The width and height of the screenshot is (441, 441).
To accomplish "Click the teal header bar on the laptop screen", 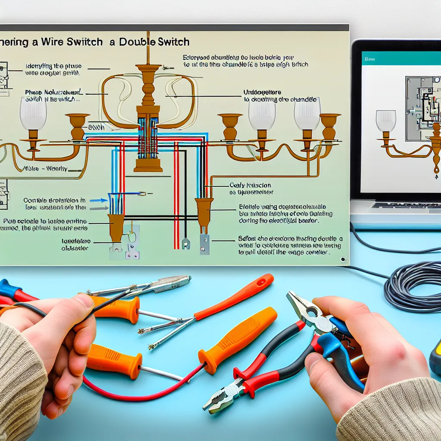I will pyautogui.click(x=401, y=58).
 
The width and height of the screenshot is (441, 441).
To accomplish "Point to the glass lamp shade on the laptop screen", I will pyautogui.click(x=385, y=121).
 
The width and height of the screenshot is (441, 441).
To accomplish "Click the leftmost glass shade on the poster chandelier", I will pyautogui.click(x=33, y=113).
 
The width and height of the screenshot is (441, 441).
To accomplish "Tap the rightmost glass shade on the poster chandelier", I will pyautogui.click(x=307, y=113).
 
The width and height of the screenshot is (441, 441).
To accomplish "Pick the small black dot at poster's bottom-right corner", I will pyautogui.click(x=343, y=260).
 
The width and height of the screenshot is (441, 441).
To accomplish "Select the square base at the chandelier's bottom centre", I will pyautogui.click(x=148, y=164).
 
